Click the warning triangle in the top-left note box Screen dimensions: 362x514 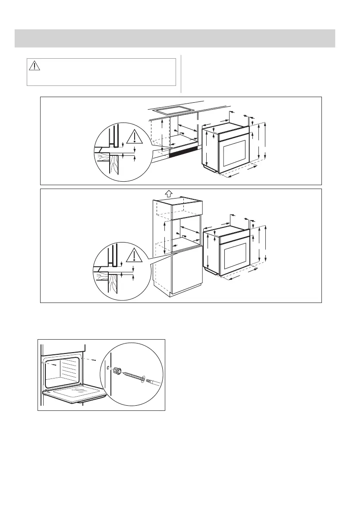pyautogui.click(x=35, y=66)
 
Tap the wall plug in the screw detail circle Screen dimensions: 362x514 pyautogui.click(x=116, y=371)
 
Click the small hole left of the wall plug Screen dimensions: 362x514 pyautogui.click(x=107, y=368)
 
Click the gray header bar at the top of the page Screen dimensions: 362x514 pyautogui.click(x=175, y=38)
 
